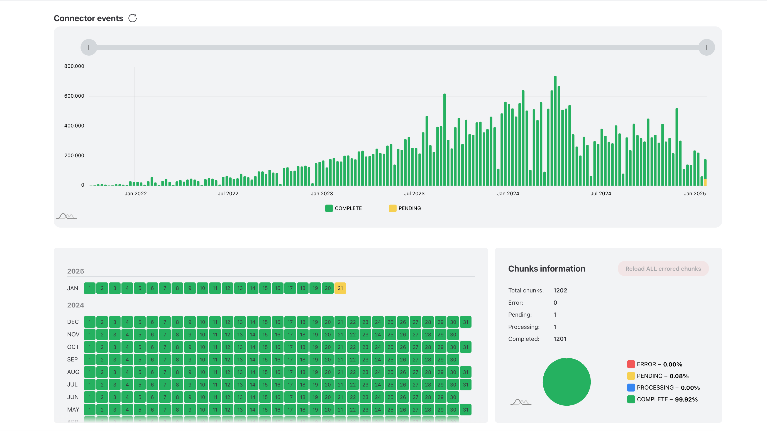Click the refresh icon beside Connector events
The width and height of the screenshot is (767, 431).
coord(133,18)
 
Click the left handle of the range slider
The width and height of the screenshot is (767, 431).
coord(89,48)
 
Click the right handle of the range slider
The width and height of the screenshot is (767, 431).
coord(707,48)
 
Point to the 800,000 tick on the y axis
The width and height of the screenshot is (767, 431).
coord(74,66)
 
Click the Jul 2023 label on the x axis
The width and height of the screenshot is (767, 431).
coord(414,194)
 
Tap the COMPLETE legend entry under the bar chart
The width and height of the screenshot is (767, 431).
coord(344,208)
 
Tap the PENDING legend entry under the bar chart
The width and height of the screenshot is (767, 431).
coord(405,208)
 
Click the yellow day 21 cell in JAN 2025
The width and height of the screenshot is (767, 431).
coord(340,288)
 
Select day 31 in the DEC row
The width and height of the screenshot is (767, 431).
coord(465,322)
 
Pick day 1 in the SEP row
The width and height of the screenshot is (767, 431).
coord(90,359)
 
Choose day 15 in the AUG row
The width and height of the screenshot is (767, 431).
coord(265,372)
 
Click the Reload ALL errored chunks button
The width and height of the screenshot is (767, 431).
coord(663,269)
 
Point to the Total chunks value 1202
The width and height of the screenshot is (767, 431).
coord(560,290)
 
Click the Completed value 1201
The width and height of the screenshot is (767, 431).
coord(560,339)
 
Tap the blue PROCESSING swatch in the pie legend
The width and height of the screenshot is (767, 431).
coord(631,388)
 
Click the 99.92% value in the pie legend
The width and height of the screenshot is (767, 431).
coord(686,400)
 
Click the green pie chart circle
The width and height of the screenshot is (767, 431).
coord(566,382)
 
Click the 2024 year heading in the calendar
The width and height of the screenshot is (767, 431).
coord(76,305)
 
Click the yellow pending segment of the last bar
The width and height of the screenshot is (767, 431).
coord(705,182)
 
